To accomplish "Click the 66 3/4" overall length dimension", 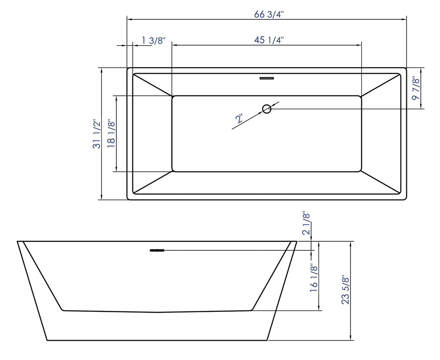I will [x=269, y=14].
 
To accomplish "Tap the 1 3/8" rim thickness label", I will [x=153, y=40].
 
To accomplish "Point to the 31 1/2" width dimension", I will [x=97, y=134].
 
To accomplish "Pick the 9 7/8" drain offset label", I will [x=415, y=88].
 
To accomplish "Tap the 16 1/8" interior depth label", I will [x=314, y=278].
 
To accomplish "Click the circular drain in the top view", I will [x=267, y=109].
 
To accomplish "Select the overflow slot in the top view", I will [x=267, y=78].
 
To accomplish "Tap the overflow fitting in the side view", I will [x=157, y=250].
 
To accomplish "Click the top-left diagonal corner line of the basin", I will [x=153, y=85].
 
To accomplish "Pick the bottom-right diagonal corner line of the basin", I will [x=381, y=182].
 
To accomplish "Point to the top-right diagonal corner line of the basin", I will [x=381, y=85].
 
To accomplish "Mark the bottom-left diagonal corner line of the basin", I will [x=153, y=182].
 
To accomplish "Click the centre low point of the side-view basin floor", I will [x=157, y=312].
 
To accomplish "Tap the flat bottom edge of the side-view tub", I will [x=157, y=340].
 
